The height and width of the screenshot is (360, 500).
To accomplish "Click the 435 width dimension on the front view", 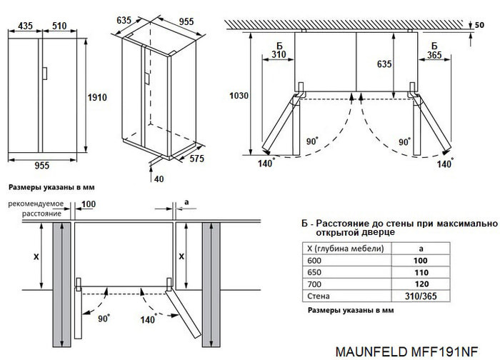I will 25,26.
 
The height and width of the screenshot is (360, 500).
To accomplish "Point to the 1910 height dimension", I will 96,96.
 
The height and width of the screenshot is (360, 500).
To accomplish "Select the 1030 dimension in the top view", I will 238,96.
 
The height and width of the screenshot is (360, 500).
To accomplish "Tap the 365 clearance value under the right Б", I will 431,54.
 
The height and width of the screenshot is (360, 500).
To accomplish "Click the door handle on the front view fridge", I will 44,74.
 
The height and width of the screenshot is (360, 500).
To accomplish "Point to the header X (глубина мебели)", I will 345,249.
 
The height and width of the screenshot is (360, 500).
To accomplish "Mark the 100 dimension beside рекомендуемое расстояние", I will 89,205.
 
